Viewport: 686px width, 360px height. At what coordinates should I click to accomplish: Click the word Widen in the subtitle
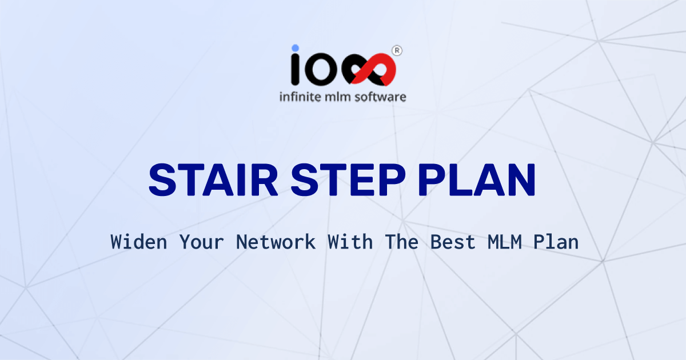[x=139, y=242]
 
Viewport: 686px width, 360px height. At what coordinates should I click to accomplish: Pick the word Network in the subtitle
[x=276, y=242]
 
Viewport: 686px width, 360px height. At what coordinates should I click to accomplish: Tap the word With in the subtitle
[x=350, y=242]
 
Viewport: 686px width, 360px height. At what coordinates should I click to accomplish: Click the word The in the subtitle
[x=401, y=242]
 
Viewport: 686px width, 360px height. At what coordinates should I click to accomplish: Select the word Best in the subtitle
[x=453, y=242]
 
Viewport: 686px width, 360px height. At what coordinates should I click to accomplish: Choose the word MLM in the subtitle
[x=504, y=242]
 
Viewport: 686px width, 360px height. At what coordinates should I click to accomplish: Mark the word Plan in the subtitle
[x=556, y=242]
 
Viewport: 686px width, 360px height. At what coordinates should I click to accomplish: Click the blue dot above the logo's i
[x=295, y=49]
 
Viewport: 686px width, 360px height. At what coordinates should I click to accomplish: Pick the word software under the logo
[x=382, y=97]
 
